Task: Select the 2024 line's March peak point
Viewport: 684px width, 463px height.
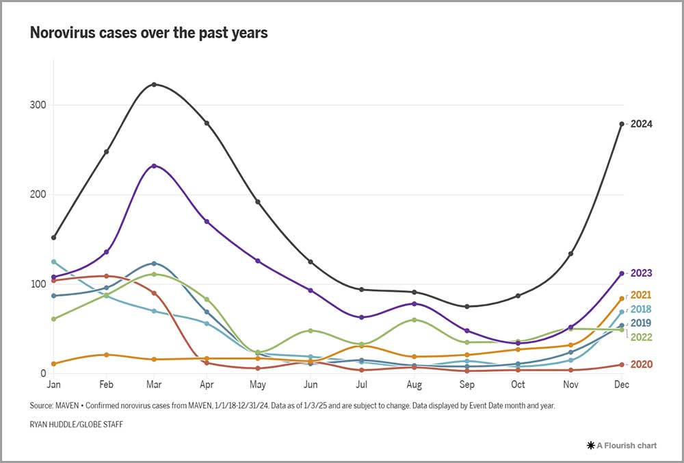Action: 155,84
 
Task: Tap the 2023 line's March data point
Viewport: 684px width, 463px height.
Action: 155,166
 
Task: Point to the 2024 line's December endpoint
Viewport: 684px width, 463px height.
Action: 622,124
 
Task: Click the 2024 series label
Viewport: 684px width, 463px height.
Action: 642,124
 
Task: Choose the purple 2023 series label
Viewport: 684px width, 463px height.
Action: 642,273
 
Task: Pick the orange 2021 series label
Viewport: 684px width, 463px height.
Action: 642,295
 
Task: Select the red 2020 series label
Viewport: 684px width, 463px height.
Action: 642,364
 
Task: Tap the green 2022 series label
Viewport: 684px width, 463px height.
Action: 642,337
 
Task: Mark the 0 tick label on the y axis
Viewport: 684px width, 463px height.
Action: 42,374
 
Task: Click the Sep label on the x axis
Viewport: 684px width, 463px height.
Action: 467,385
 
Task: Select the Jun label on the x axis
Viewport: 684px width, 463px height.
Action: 311,385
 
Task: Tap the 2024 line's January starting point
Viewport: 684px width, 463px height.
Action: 53,238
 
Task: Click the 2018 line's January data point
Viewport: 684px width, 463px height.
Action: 53,262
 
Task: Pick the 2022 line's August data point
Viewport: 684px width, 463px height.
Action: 415,320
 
